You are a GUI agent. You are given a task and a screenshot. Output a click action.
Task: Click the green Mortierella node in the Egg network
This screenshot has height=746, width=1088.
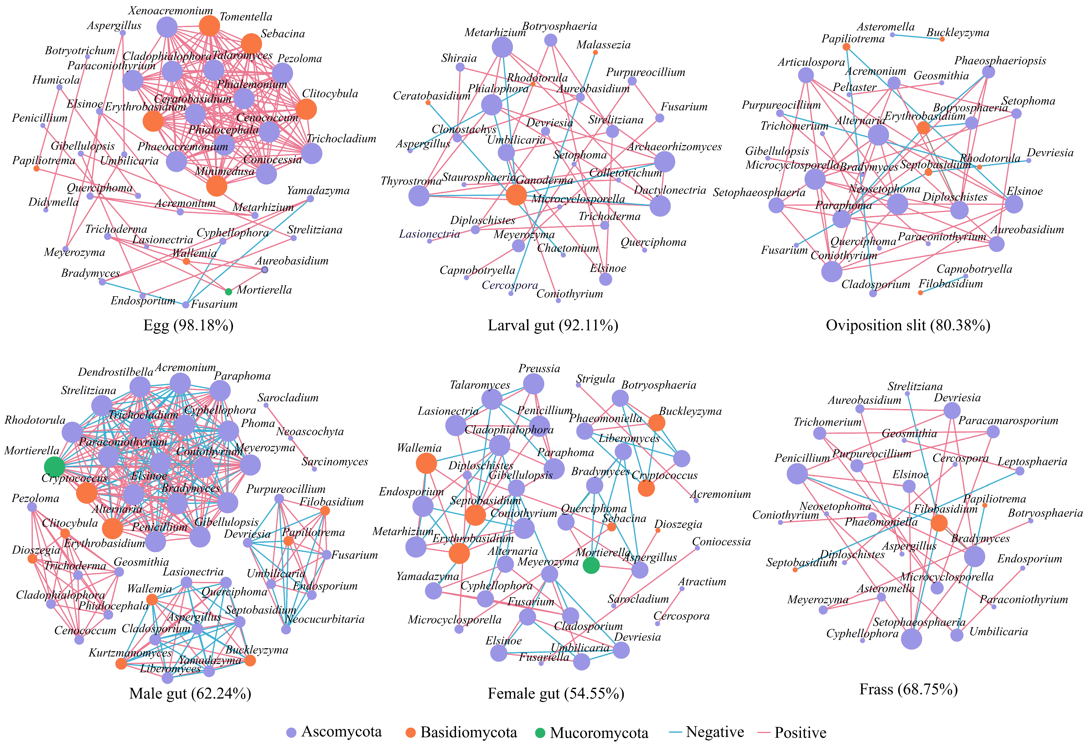pos(228,291)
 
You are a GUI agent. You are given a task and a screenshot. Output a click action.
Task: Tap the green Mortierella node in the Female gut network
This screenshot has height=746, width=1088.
pos(591,565)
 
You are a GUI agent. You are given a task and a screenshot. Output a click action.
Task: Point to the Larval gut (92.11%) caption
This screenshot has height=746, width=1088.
pos(553,325)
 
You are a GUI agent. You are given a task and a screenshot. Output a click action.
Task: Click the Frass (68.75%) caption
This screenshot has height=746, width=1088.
pos(909,689)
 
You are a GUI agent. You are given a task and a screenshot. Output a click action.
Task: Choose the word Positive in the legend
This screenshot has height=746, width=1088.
pos(800,732)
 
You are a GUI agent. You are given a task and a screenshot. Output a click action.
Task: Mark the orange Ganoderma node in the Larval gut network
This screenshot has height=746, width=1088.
pos(516,195)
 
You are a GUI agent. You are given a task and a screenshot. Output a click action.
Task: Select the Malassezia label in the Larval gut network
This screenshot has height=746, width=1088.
pos(603,45)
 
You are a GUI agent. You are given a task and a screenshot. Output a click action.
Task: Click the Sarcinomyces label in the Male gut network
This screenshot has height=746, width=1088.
pos(335,462)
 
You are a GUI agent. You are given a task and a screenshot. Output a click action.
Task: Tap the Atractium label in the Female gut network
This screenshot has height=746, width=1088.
pos(702,582)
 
